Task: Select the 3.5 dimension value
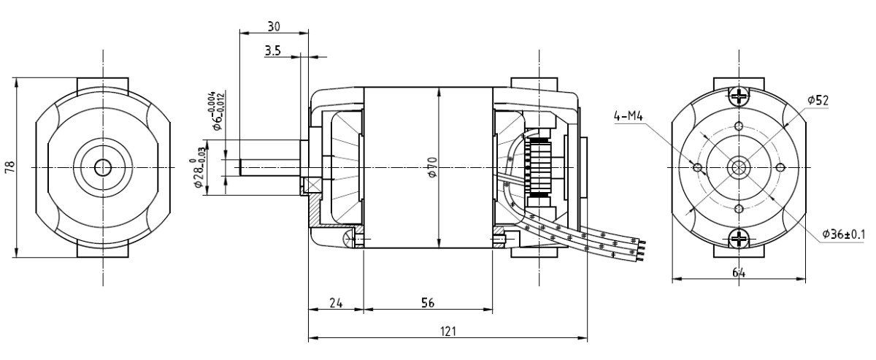tap(274, 52)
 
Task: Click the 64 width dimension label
tap(739, 271)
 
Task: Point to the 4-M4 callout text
tap(628, 114)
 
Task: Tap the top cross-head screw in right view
tap(739, 96)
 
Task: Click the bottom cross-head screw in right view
tap(739, 238)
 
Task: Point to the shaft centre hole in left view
tap(102, 167)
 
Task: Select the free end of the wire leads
tap(642, 247)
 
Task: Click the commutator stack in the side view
tap(539, 167)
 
